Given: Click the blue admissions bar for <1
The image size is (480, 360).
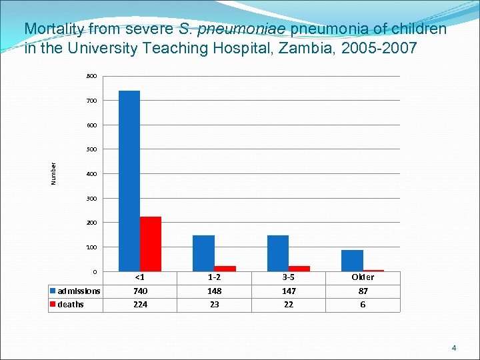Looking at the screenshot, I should click(x=129, y=181).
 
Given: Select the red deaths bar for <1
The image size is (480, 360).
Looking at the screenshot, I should click(x=151, y=244).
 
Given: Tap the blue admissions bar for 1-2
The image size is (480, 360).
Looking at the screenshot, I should click(x=203, y=253).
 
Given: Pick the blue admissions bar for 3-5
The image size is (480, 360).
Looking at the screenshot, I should click(x=278, y=253).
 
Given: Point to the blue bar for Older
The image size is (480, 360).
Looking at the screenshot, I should click(x=352, y=261).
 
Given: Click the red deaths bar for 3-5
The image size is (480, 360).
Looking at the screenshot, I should click(x=299, y=269).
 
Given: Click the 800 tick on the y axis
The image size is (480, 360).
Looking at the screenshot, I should click(x=91, y=76).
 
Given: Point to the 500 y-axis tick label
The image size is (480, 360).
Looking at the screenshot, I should click(x=91, y=149).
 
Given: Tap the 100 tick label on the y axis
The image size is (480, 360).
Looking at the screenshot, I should click(x=91, y=247).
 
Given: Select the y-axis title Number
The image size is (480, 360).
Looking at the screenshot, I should click(x=54, y=174).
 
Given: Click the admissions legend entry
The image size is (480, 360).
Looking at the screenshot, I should click(x=75, y=291).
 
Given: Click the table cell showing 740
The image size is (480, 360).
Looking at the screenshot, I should click(x=140, y=291).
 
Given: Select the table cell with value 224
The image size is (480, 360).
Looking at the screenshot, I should click(x=140, y=305).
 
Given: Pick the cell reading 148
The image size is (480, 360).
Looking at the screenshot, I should click(x=214, y=291).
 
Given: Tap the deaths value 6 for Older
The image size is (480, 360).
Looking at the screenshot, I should click(x=363, y=305).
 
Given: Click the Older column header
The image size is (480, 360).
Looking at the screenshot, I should click(x=363, y=277).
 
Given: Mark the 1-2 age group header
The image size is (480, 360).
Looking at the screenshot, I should click(x=214, y=277).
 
